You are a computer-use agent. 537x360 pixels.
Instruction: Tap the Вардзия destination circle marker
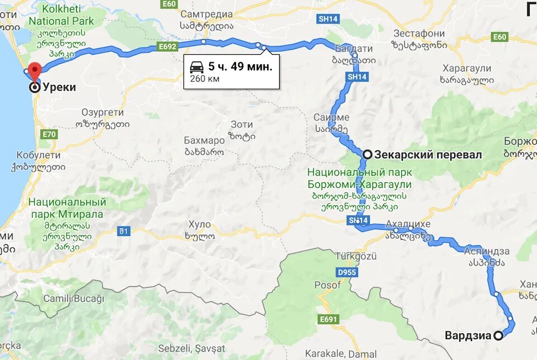pos(498,336)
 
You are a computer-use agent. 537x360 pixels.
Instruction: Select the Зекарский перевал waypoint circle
pos(368,155)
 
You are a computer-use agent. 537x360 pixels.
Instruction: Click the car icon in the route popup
pos(197,67)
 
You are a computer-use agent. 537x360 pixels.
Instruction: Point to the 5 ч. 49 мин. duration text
pos(241,67)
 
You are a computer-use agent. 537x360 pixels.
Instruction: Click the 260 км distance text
pos(205,79)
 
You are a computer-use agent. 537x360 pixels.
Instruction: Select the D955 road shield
pos(347,272)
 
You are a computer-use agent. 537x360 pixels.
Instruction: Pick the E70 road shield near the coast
pos(50,134)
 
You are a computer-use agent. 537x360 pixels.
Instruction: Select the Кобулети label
pos(38,155)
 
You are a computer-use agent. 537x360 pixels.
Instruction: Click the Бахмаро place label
pos(204,140)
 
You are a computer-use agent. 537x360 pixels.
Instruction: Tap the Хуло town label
pos(200,225)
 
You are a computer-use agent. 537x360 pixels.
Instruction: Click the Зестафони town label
pos(418,33)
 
